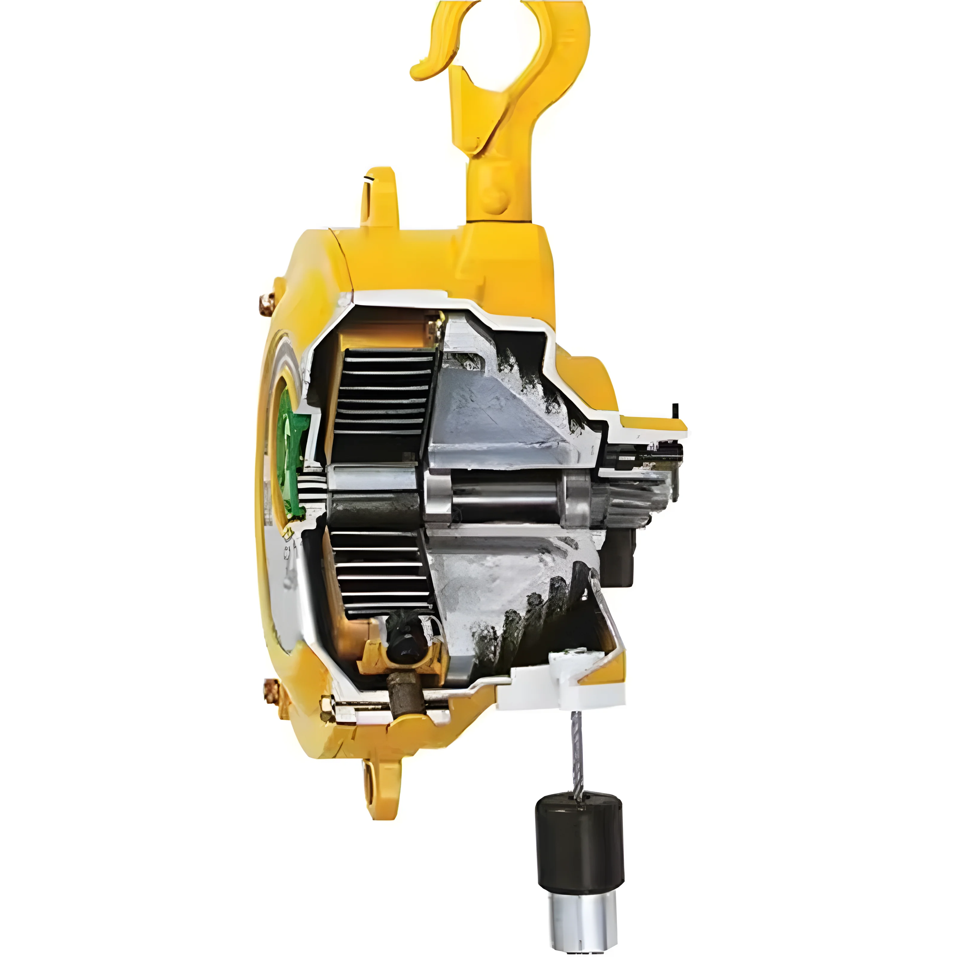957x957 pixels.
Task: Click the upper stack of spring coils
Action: tap(381, 396)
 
